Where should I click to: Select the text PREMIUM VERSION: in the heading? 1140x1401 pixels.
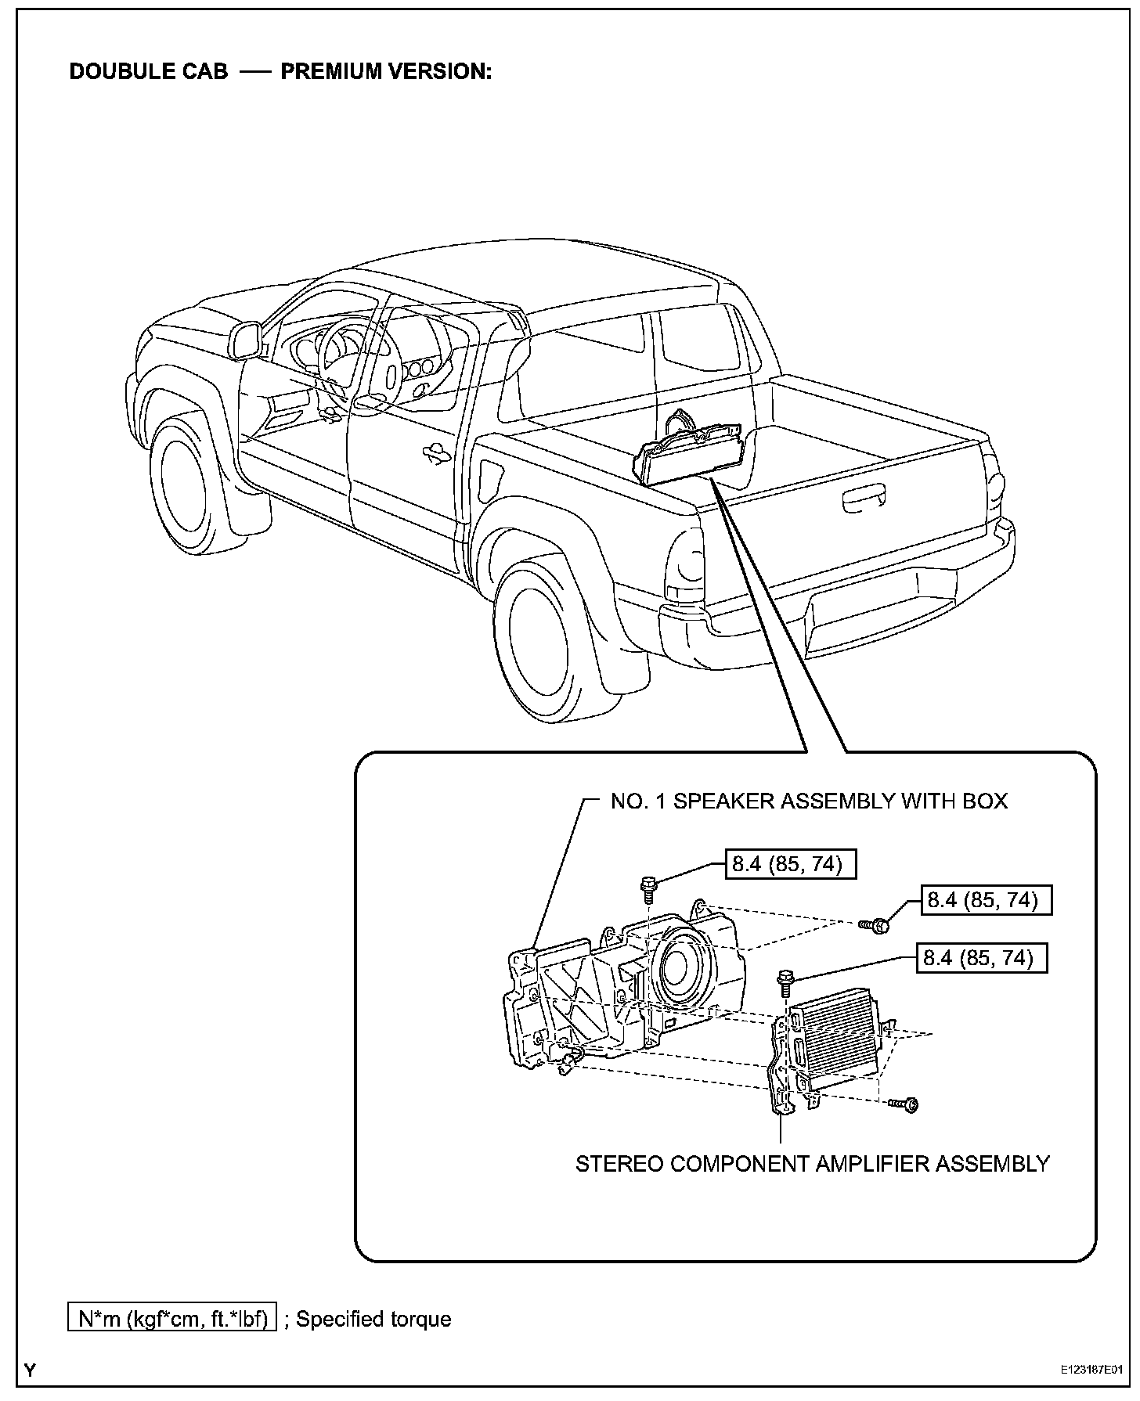(x=386, y=71)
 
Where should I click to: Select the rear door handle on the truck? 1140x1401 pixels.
(x=433, y=452)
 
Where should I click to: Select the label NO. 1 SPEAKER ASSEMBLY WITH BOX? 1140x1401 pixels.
(x=809, y=801)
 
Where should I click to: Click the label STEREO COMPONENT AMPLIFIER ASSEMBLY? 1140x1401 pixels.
(x=812, y=1164)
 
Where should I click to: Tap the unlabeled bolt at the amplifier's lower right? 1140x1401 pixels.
(x=907, y=1104)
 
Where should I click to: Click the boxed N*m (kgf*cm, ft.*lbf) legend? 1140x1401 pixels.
(x=172, y=1319)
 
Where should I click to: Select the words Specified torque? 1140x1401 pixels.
(x=373, y=1319)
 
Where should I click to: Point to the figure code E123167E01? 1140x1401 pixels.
(x=1091, y=1370)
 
